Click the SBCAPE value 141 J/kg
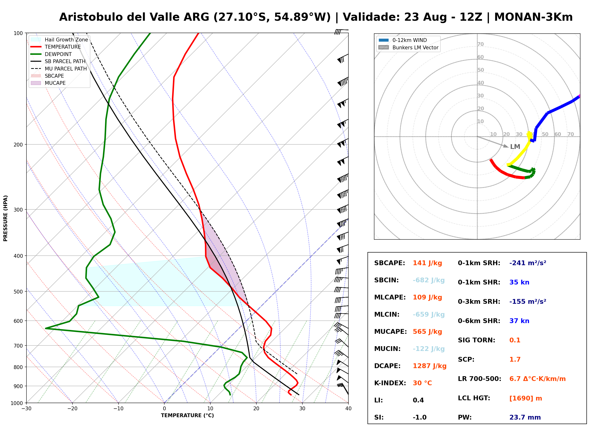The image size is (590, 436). (x=427, y=263)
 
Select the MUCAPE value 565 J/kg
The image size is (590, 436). (x=427, y=332)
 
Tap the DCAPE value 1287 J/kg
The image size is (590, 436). (x=430, y=366)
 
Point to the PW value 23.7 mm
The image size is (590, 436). (x=525, y=417)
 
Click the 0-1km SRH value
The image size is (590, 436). (x=528, y=263)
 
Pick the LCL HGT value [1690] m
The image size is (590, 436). (x=526, y=398)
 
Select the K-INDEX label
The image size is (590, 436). (x=390, y=383)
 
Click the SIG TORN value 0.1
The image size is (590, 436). (x=515, y=340)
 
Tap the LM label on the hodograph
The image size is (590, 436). (x=515, y=147)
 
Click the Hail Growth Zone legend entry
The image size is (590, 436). (x=59, y=40)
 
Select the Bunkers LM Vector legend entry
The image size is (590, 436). (x=409, y=47)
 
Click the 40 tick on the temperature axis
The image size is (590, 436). (x=348, y=409)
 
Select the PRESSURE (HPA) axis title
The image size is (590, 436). (x=5, y=218)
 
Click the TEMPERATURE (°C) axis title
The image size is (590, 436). (x=187, y=416)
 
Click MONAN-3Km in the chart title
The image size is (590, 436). (x=533, y=17)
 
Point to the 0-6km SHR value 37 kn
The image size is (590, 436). (x=519, y=321)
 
